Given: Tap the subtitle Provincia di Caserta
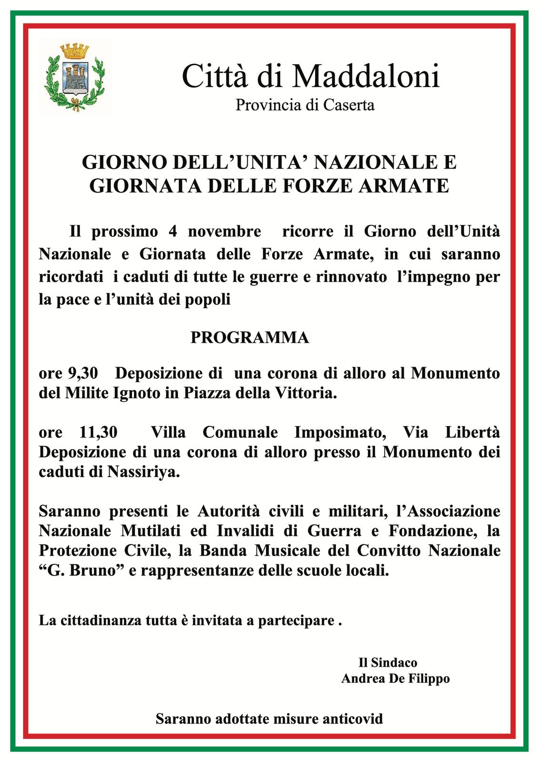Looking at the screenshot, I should pyautogui.click(x=305, y=105).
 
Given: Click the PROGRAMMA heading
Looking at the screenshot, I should pyautogui.click(x=250, y=338).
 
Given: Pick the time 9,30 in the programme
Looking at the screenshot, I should pyautogui.click(x=82, y=373).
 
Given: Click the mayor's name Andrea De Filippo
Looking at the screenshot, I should pyautogui.click(x=395, y=679).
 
